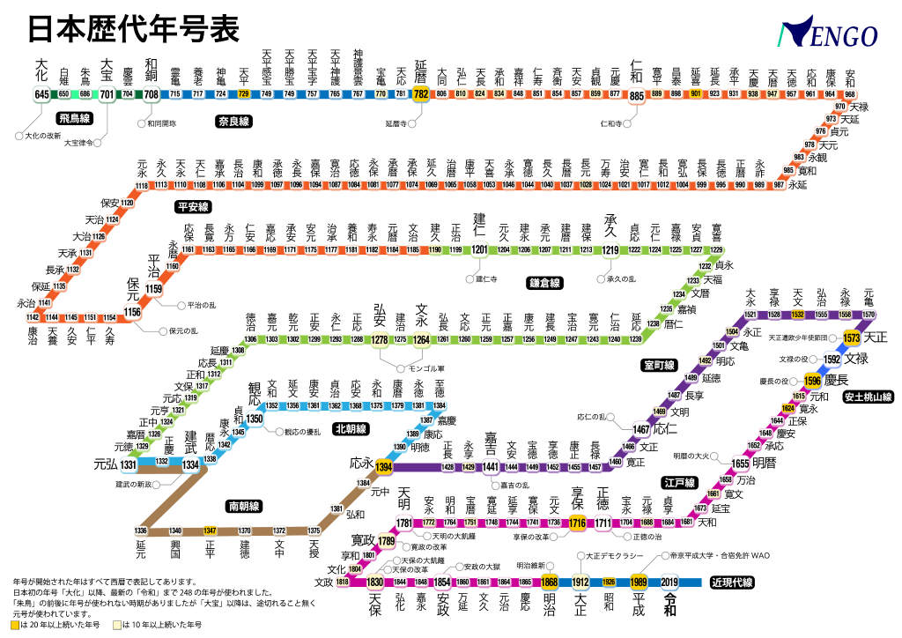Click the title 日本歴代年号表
(133, 29)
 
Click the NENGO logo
(827, 34)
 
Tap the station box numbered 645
(41, 94)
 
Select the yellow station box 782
(421, 94)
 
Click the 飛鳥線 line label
(75, 118)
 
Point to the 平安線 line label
(192, 207)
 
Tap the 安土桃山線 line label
(868, 397)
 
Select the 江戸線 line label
(679, 483)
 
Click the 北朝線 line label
(351, 429)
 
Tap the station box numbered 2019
(669, 582)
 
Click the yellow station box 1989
(639, 582)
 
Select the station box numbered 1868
(550, 582)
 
